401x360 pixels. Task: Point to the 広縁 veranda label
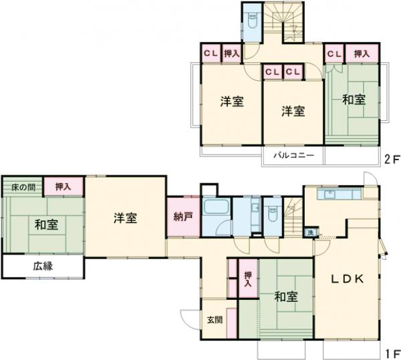pos(43,266)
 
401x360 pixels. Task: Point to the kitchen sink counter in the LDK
pos(331,194)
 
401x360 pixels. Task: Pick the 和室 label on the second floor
pos(354,100)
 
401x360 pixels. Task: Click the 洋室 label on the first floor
pos(125,218)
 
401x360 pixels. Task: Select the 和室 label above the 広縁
pos(41,224)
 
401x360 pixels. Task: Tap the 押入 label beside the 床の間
pos(64,187)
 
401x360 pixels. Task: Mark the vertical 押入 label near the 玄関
pos(247,279)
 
